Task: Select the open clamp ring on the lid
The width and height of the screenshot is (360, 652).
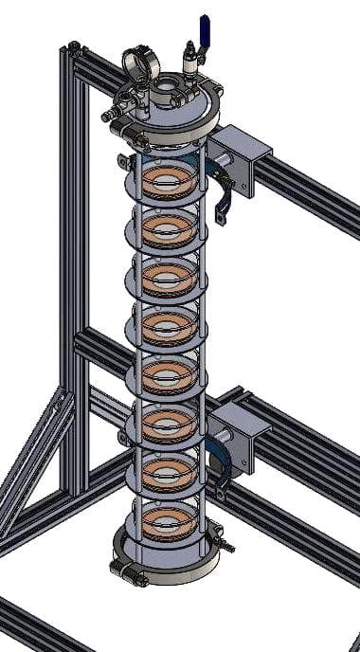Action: click(x=139, y=64)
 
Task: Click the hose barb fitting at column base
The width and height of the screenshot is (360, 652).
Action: click(x=226, y=547)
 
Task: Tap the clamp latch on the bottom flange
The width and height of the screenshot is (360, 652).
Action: click(x=123, y=570)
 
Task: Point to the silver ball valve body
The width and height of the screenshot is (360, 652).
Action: click(x=192, y=62)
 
